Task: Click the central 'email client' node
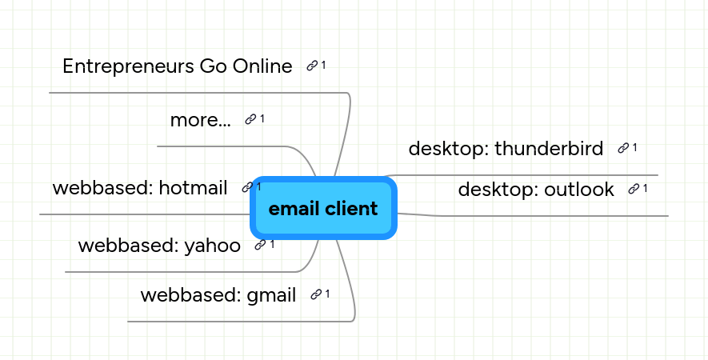tap(323, 209)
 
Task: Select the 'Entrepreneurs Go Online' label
tap(177, 66)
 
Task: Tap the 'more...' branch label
tap(200, 120)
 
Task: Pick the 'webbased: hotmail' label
tap(140, 188)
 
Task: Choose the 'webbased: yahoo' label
tap(159, 245)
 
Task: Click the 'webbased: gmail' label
tap(218, 294)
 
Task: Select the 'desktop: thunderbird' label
tap(506, 148)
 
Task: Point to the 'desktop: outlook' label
tap(536, 190)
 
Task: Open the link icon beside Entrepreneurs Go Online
tap(312, 66)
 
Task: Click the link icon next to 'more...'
tap(250, 119)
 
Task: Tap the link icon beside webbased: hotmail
tap(246, 188)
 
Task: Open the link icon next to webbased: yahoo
tap(260, 245)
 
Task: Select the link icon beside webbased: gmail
tap(316, 294)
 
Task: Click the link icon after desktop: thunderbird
tap(622, 148)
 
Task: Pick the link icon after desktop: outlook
tap(634, 189)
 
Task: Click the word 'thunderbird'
tap(549, 148)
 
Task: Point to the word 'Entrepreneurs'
tap(127, 66)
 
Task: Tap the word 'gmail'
tap(271, 294)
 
